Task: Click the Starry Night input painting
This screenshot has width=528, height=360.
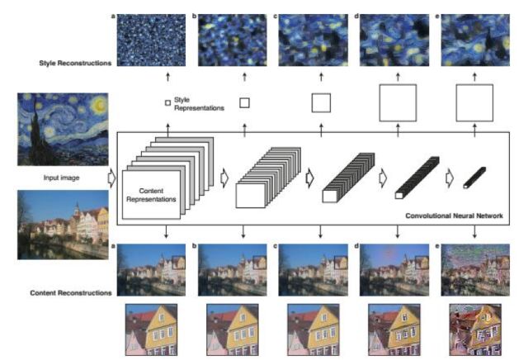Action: click(63, 129)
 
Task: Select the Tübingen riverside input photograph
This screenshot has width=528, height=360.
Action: click(63, 225)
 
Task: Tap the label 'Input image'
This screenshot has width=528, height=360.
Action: click(62, 178)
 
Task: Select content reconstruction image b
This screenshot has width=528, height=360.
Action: click(232, 269)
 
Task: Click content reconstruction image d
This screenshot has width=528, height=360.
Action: click(394, 269)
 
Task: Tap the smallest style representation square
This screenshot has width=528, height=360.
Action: click(167, 103)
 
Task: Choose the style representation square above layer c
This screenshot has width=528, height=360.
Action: click(320, 103)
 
